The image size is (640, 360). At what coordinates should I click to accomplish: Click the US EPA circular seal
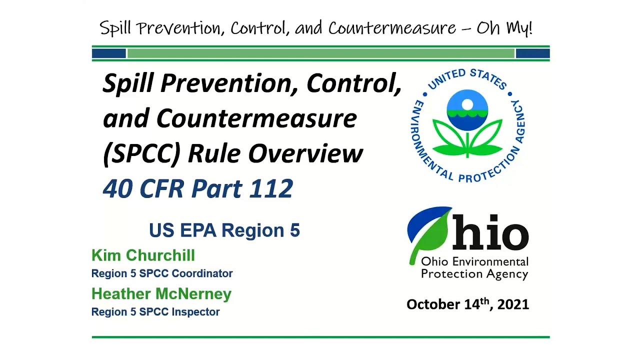pyautogui.click(x=467, y=125)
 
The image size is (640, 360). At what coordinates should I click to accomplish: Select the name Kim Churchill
pyautogui.click(x=143, y=255)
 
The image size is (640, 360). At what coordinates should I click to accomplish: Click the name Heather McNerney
pyautogui.click(x=161, y=293)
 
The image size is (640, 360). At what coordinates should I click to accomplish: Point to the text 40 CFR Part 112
pyautogui.click(x=197, y=188)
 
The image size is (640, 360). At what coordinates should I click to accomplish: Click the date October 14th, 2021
pyautogui.click(x=467, y=304)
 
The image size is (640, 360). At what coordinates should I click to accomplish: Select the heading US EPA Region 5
pyautogui.click(x=224, y=230)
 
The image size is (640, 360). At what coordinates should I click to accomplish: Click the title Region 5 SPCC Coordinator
pyautogui.click(x=161, y=273)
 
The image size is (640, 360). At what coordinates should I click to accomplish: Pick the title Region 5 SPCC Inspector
pyautogui.click(x=155, y=312)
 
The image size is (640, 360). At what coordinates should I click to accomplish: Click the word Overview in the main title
pyautogui.click(x=305, y=153)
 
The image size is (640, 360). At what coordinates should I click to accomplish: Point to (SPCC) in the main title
pyautogui.click(x=141, y=153)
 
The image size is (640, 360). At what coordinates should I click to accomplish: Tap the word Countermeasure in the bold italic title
pyautogui.click(x=256, y=119)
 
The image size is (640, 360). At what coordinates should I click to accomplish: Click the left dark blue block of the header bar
pyautogui.click(x=109, y=53)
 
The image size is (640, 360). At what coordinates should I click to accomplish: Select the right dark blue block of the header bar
pyautogui.click(x=532, y=53)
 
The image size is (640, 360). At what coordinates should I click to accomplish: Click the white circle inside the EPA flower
pyautogui.click(x=467, y=104)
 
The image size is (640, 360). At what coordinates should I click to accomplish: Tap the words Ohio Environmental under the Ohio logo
pyautogui.click(x=474, y=261)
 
